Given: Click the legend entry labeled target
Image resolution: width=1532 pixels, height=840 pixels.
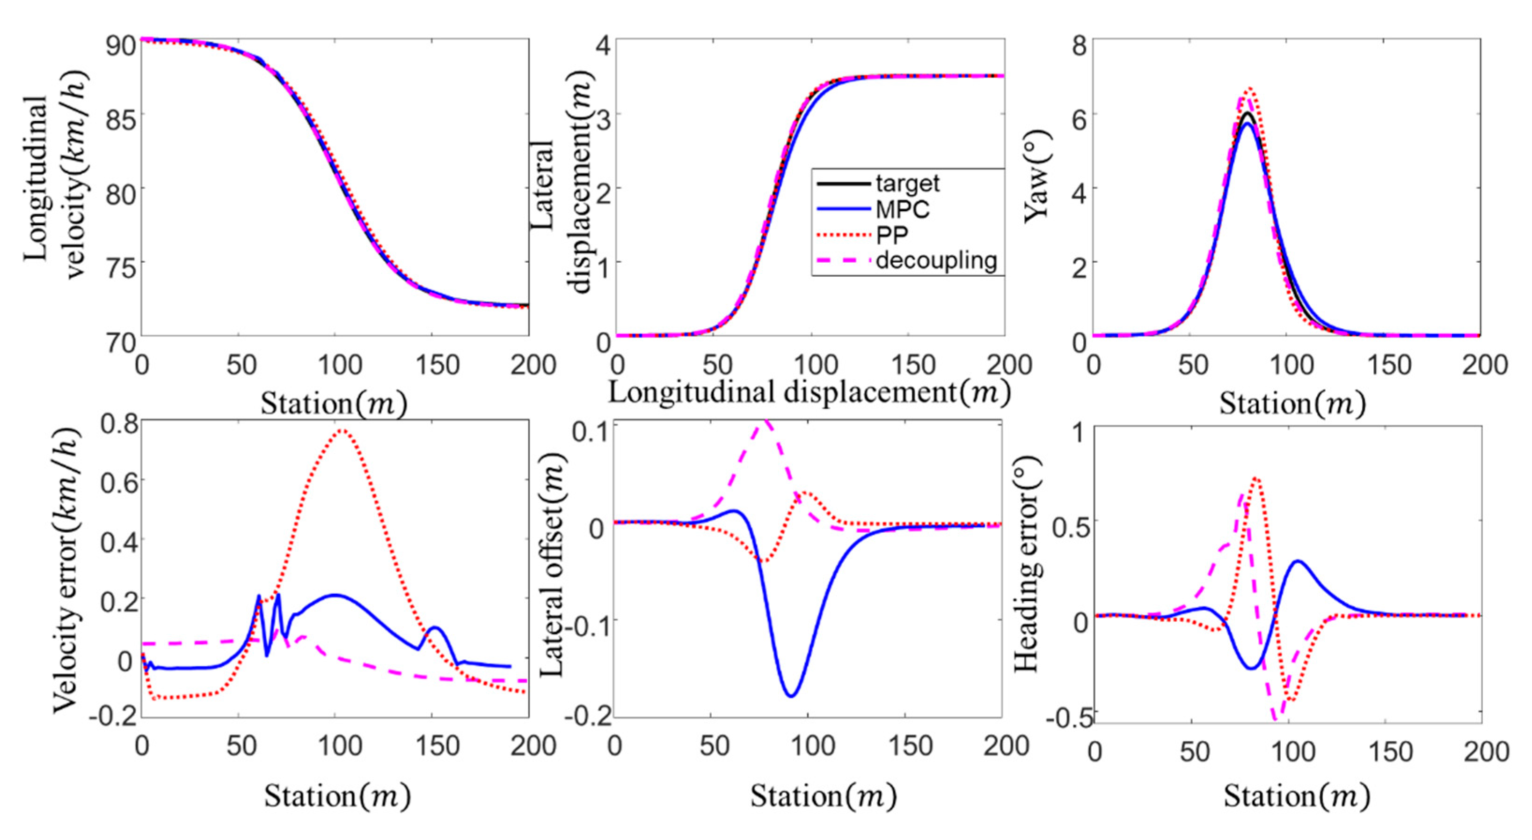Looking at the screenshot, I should pyautogui.click(x=907, y=184).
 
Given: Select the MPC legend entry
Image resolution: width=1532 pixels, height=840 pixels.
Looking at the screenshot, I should pyautogui.click(x=902, y=209).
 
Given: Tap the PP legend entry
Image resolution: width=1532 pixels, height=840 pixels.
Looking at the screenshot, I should pyautogui.click(x=892, y=236).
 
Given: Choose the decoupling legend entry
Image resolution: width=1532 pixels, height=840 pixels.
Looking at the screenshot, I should pyautogui.click(x=936, y=260).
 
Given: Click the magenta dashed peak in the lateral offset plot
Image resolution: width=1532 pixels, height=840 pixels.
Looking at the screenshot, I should pyautogui.click(x=766, y=421).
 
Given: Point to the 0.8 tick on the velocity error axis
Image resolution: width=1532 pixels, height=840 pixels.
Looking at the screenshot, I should pyautogui.click(x=118, y=424).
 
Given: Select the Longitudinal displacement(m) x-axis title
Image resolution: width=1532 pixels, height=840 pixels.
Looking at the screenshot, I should pyautogui.click(x=809, y=393).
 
